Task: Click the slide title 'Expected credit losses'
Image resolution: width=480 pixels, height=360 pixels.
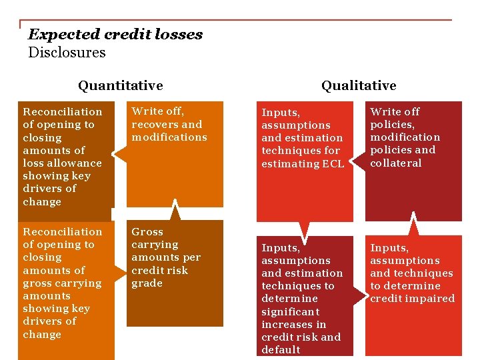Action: click(x=115, y=35)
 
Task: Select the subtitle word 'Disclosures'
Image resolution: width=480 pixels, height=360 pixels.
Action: click(x=67, y=52)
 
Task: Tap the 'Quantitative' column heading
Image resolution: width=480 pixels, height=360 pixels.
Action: click(x=120, y=85)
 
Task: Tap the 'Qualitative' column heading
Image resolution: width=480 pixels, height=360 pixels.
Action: click(x=359, y=85)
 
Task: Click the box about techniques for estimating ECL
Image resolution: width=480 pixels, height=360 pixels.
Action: click(x=304, y=160)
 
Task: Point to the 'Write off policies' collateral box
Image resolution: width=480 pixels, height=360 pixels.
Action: click(x=413, y=160)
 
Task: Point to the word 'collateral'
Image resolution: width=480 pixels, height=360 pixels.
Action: click(x=396, y=163)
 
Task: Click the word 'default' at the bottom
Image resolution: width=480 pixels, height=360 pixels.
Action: click(x=281, y=349)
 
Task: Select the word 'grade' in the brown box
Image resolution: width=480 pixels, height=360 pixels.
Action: click(x=147, y=283)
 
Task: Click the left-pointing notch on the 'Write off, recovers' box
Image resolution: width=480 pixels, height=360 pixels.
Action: click(x=119, y=155)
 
